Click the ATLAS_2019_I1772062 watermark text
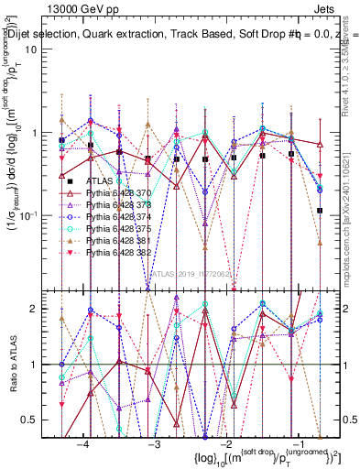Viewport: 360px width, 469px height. coord(191,273)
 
